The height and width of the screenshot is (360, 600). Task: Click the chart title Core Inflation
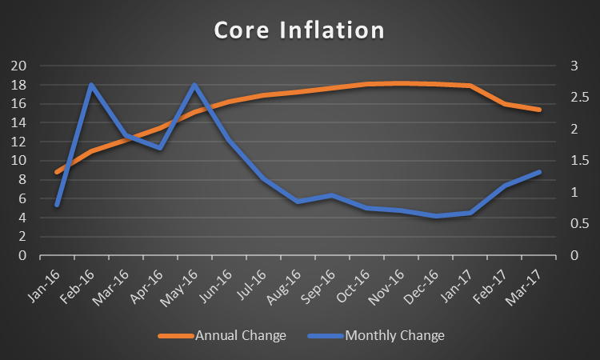tap(299, 31)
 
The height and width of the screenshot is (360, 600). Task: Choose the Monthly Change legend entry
tap(394, 335)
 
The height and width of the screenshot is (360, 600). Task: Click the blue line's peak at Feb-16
tap(91, 85)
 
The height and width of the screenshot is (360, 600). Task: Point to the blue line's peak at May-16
tap(194, 85)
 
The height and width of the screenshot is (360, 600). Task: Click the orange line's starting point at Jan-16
tap(57, 172)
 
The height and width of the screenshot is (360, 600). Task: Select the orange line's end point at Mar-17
tap(539, 110)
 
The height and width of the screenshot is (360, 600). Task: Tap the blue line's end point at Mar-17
tap(539, 172)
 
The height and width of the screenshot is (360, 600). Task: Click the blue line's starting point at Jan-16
tap(57, 205)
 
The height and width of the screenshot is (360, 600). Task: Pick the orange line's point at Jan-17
tap(470, 86)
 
